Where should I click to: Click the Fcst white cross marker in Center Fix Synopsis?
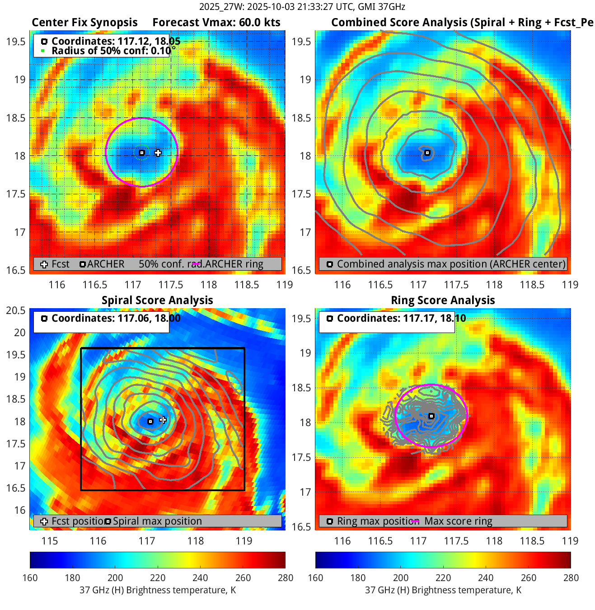tap(158, 153)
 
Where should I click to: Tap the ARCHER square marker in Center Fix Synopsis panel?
tap(141, 153)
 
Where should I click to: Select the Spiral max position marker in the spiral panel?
tap(150, 422)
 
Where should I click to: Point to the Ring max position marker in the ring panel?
tap(431, 416)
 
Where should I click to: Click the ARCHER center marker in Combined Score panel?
tap(427, 153)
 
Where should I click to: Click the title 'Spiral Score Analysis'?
tap(157, 300)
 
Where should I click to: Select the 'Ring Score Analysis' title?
tap(443, 300)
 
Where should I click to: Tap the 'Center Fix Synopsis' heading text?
tap(84, 23)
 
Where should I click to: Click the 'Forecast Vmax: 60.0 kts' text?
tap(216, 23)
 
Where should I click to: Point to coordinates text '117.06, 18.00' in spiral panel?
tap(149, 318)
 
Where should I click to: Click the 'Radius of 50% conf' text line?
tap(111, 51)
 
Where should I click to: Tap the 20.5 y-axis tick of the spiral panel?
tap(16, 310)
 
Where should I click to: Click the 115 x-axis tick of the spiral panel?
tap(50, 541)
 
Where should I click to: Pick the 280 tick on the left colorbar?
tap(286, 577)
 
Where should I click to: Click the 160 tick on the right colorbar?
tap(315, 577)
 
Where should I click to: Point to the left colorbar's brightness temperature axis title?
tap(158, 590)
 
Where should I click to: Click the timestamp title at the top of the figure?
tap(302, 7)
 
